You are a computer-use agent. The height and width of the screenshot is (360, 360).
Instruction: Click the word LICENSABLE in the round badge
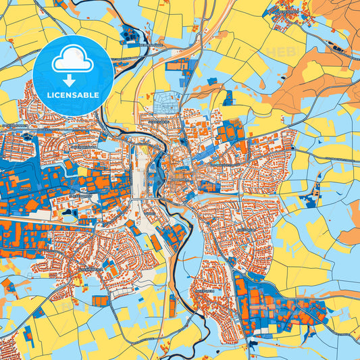click(x=72, y=95)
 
